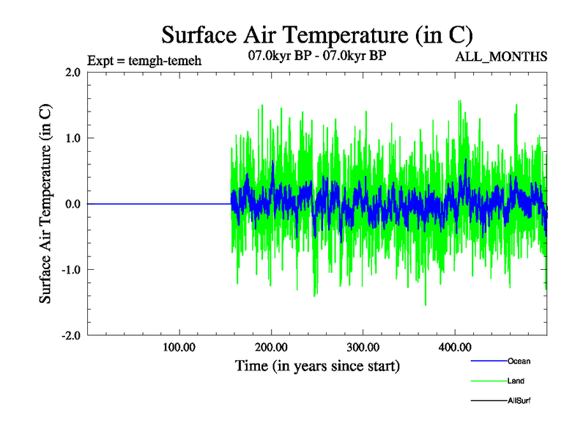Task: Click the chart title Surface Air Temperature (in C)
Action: point(317,34)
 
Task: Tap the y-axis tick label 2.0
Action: point(73,72)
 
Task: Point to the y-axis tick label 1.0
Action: point(73,138)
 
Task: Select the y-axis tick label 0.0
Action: point(73,204)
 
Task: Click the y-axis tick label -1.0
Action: point(71,270)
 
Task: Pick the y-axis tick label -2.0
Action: point(71,335)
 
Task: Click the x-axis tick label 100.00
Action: point(179,347)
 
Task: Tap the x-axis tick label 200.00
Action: point(271,347)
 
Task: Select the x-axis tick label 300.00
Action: point(363,347)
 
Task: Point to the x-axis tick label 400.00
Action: point(454,347)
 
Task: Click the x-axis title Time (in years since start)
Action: point(317,365)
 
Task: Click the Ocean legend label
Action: point(519,361)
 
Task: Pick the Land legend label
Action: point(516,381)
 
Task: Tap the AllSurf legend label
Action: point(519,401)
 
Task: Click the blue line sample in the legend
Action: point(489,361)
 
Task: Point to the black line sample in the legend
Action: point(489,401)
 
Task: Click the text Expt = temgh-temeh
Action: point(144,60)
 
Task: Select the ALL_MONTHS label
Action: point(502,56)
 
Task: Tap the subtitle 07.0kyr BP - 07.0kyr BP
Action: point(317,56)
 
